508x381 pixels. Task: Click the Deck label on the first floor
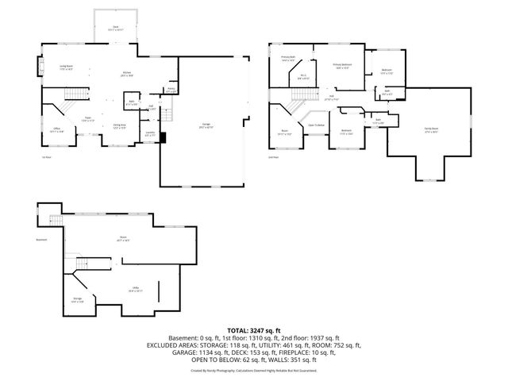(115, 28)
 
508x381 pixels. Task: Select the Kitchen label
(125, 75)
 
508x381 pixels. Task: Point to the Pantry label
(171, 90)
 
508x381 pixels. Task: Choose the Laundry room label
(149, 134)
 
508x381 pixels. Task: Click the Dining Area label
(119, 126)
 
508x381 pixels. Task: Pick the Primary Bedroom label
(342, 66)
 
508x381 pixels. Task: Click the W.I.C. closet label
(303, 77)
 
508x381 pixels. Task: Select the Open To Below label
(317, 125)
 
